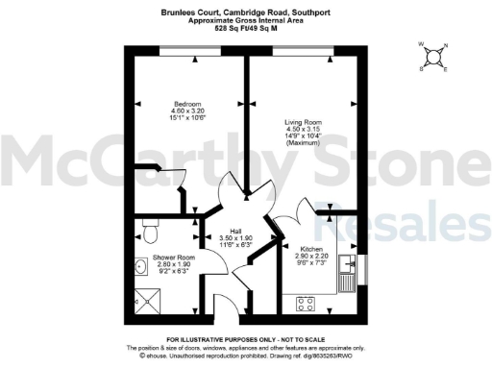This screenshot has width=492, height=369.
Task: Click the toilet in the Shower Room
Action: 150,231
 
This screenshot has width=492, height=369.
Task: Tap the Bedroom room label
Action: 187,104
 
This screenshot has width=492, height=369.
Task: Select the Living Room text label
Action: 302,123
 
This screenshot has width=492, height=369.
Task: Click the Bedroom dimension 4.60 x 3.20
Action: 187,111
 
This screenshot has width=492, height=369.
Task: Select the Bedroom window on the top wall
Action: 184,49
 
